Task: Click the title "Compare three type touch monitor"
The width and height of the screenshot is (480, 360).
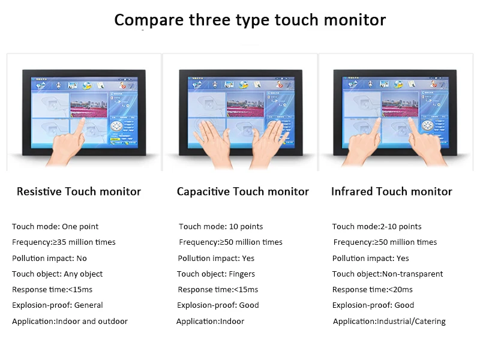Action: click(x=250, y=20)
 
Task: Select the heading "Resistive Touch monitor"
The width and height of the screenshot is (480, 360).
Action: click(x=79, y=192)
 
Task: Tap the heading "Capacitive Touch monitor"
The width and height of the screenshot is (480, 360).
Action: click(x=242, y=192)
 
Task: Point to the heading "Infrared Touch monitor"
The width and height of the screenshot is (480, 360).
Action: click(x=391, y=192)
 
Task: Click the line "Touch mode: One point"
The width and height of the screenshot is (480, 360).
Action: click(x=55, y=227)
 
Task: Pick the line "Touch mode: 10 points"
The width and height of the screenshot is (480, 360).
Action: click(x=221, y=227)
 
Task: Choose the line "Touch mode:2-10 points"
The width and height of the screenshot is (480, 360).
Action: click(x=377, y=227)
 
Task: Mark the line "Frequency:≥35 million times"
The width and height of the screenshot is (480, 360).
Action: click(x=64, y=242)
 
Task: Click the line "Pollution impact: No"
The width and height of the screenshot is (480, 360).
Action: click(x=49, y=259)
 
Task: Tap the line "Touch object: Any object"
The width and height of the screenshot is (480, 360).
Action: click(x=57, y=274)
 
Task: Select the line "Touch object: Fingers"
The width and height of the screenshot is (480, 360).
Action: click(x=216, y=274)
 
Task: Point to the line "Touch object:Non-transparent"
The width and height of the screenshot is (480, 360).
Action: click(x=388, y=274)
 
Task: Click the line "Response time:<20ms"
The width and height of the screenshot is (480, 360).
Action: click(x=373, y=290)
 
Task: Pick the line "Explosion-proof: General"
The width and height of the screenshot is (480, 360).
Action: click(x=58, y=305)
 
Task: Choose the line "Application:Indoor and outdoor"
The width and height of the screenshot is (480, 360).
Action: click(x=70, y=322)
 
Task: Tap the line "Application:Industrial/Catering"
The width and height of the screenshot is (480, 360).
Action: click(x=389, y=322)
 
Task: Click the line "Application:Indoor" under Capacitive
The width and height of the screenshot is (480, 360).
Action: click(x=210, y=322)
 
